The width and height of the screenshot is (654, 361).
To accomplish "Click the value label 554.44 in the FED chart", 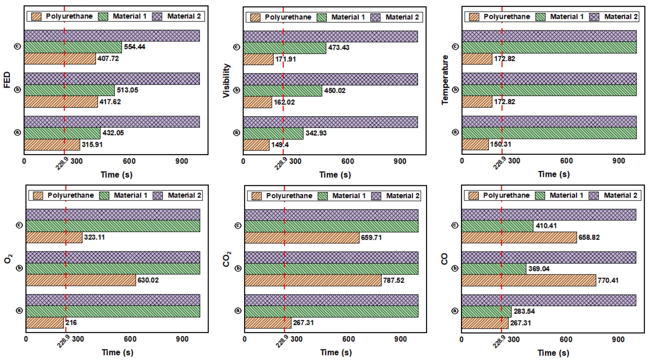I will point(134,47).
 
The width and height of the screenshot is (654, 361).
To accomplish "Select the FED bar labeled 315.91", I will point(52,145).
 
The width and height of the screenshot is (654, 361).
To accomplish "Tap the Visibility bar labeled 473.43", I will point(284,48).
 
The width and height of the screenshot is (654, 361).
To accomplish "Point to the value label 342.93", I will point(316,133).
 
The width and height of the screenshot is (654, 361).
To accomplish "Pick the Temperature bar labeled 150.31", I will point(475,144).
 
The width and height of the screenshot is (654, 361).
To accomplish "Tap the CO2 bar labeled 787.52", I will point(313,280).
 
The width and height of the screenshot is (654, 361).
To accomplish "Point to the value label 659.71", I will point(371,238).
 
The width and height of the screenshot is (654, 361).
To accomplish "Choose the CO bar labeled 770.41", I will point(529,280).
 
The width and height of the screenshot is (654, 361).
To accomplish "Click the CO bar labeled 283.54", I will point(486,311).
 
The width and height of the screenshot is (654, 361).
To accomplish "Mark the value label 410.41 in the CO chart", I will point(546,226).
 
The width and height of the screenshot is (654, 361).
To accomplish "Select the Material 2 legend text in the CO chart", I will point(620,195).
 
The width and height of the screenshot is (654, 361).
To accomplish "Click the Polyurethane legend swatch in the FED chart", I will point(36,17).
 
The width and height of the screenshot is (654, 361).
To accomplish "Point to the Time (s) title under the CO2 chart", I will point(336,352).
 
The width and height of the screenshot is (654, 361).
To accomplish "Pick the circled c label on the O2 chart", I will point(19,225).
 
